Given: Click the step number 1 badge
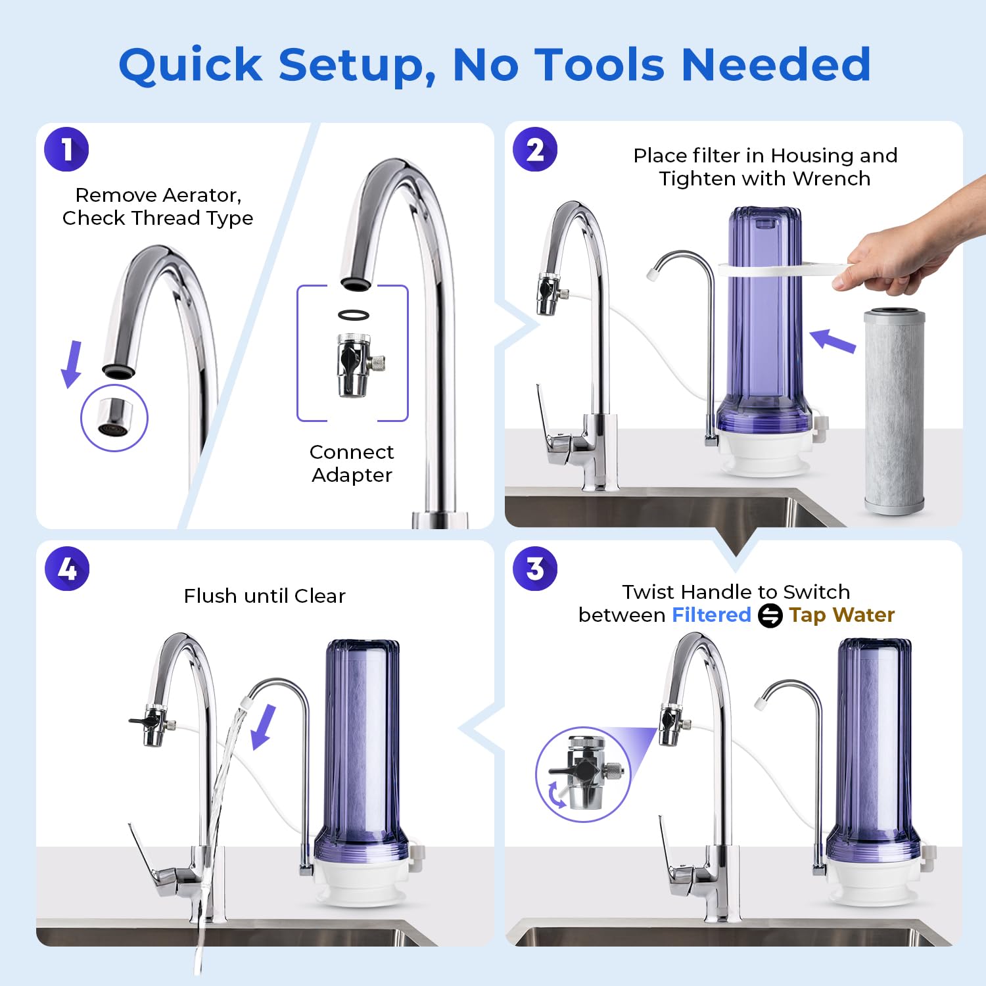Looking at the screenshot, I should pyautogui.click(x=66, y=150).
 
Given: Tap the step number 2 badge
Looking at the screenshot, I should pyautogui.click(x=535, y=150).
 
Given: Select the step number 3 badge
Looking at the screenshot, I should pyautogui.click(x=535, y=569).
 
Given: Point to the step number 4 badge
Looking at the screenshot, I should pyautogui.click(x=66, y=569).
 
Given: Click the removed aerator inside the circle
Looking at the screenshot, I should pyautogui.click(x=114, y=418).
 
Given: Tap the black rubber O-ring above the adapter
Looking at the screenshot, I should pyautogui.click(x=354, y=315).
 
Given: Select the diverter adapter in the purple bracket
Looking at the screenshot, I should pyautogui.click(x=355, y=365).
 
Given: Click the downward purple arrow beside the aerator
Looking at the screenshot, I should pyautogui.click(x=72, y=363).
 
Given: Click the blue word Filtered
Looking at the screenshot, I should pyautogui.click(x=711, y=615).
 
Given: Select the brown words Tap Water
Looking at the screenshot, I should pyautogui.click(x=842, y=615).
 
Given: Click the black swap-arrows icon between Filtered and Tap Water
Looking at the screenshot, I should pyautogui.click(x=770, y=616).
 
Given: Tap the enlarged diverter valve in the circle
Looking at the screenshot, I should pyautogui.click(x=582, y=772).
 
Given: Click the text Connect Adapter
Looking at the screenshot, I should pyautogui.click(x=352, y=463).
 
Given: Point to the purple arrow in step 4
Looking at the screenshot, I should pyautogui.click(x=264, y=726).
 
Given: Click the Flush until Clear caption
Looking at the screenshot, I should pyautogui.click(x=264, y=596).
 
